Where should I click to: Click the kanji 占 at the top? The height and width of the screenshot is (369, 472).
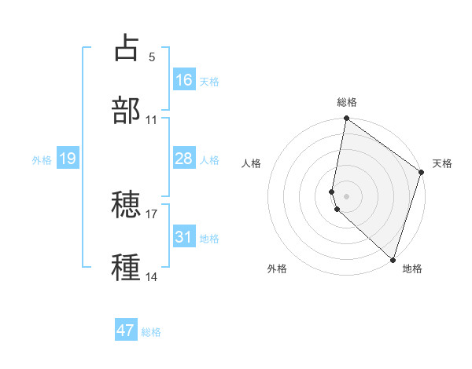[127, 48]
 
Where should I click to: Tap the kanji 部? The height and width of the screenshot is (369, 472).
[127, 111]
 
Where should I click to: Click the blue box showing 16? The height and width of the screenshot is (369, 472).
[184, 80]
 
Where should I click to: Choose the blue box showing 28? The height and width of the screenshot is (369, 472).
[184, 159]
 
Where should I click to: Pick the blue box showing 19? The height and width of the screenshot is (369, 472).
[68, 159]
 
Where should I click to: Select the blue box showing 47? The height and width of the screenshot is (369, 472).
[126, 331]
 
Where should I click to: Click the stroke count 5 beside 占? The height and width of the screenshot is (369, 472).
[152, 57]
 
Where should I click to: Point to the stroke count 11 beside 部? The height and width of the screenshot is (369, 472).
[152, 120]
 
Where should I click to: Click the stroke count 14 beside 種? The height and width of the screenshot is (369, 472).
[152, 277]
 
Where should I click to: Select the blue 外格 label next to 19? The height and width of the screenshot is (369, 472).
[42, 159]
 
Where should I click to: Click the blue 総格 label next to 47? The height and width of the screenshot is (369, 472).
[151, 331]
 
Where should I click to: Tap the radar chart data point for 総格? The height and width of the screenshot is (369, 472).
[346, 119]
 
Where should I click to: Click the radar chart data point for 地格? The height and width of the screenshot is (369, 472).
[393, 259]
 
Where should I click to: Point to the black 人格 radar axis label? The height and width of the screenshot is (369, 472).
[252, 163]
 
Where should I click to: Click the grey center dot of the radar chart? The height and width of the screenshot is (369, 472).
[346, 195]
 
